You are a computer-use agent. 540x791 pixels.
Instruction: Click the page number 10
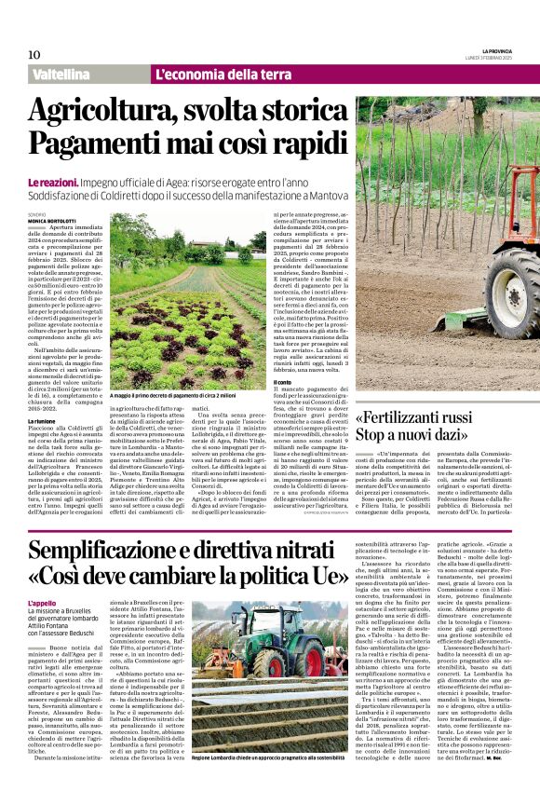point(34,55)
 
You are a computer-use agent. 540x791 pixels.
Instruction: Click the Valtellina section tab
point(66,75)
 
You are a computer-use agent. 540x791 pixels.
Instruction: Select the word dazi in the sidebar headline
point(463,435)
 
